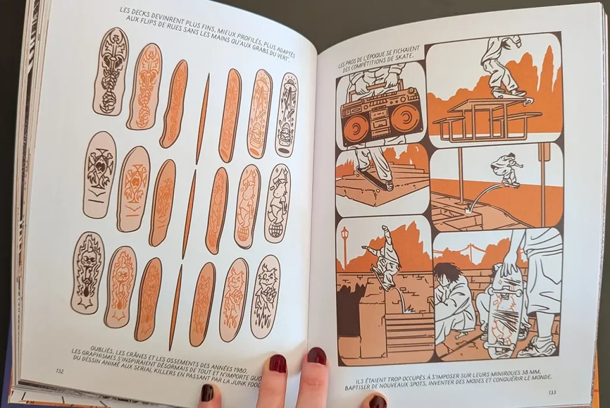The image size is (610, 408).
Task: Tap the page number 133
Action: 552,392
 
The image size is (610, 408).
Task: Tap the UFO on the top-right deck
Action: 288,83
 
